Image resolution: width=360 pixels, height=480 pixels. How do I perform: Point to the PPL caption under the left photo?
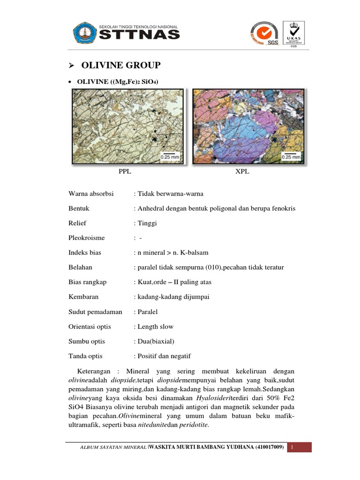125,172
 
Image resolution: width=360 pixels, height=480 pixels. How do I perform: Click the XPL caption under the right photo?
242,172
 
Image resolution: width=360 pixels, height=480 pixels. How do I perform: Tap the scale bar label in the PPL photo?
172,157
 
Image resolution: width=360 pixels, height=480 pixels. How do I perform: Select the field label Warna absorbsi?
91,193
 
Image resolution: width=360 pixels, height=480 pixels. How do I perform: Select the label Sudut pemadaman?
95,311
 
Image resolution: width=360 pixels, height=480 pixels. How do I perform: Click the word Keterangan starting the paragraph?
92,371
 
